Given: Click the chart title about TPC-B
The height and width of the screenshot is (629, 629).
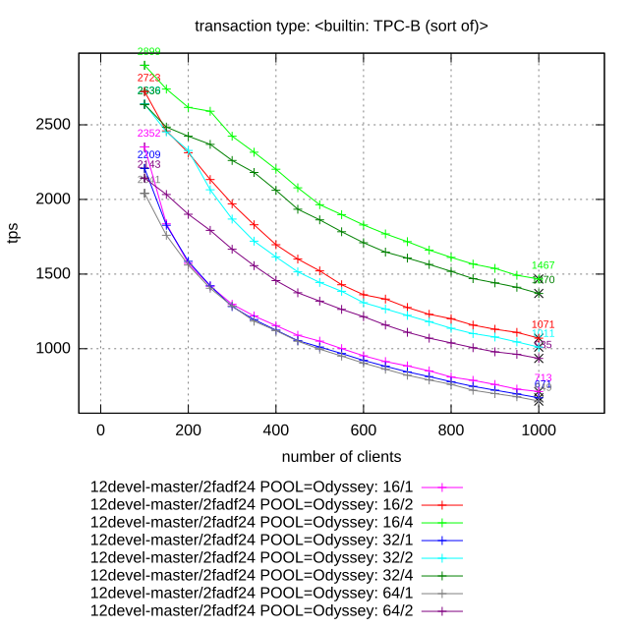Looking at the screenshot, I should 342,25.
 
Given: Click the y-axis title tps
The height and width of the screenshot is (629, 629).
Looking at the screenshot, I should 14,233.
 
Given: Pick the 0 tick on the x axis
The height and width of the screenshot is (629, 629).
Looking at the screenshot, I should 100,429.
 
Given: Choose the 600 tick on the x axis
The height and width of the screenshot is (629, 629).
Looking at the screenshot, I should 363,429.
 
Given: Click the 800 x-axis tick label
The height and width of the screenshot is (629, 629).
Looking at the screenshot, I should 450,429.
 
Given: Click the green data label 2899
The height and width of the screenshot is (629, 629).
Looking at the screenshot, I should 149,51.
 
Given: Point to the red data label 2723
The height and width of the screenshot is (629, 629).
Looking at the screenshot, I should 149,78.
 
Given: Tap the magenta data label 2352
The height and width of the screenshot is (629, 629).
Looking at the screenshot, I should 149,134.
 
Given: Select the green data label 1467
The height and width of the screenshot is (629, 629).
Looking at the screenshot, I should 543,265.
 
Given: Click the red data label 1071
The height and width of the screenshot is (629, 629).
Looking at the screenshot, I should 543,324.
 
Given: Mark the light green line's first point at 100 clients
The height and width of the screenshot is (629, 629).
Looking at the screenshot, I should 144,66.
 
